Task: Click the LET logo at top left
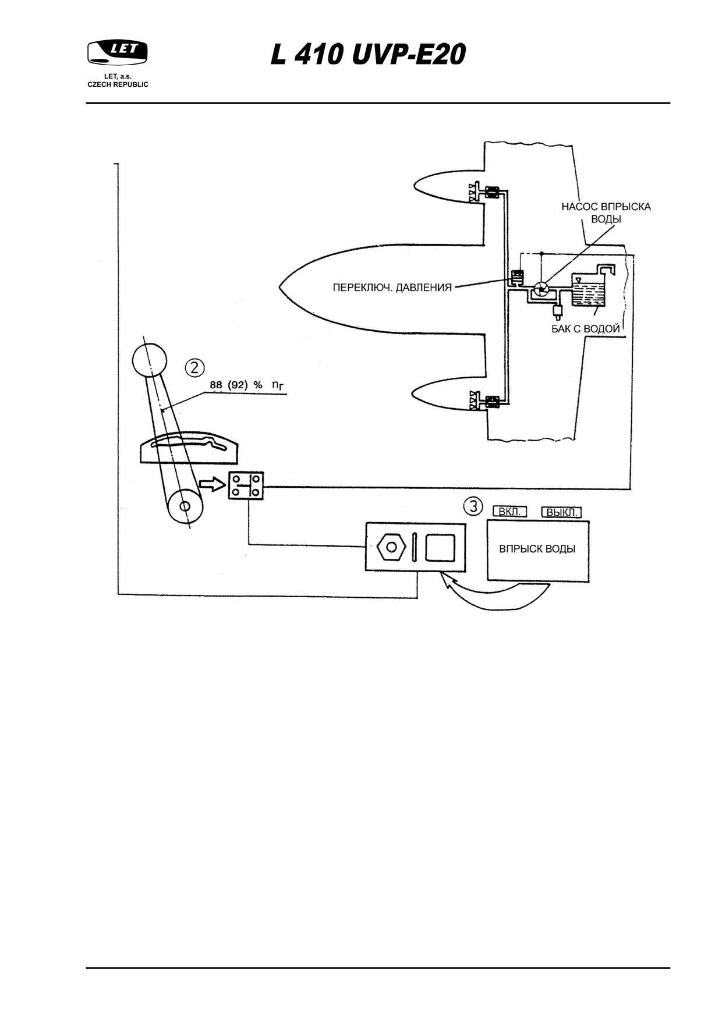coord(118,52)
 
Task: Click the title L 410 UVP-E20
coord(369,56)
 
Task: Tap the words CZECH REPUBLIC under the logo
coord(118,84)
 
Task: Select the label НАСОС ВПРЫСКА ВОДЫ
coord(606,213)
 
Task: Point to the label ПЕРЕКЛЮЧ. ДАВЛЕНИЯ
coord(392,288)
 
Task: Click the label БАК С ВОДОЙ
coord(586,329)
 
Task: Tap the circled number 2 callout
coord(195,367)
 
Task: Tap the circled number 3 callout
coord(473,506)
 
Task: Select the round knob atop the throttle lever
coord(150,359)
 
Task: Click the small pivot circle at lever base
coord(185,506)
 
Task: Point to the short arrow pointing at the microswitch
coord(213,484)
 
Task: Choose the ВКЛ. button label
coord(509,512)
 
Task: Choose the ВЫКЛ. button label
coord(561,512)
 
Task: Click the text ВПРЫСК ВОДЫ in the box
coord(537,549)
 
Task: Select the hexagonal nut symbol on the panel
coord(391,548)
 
